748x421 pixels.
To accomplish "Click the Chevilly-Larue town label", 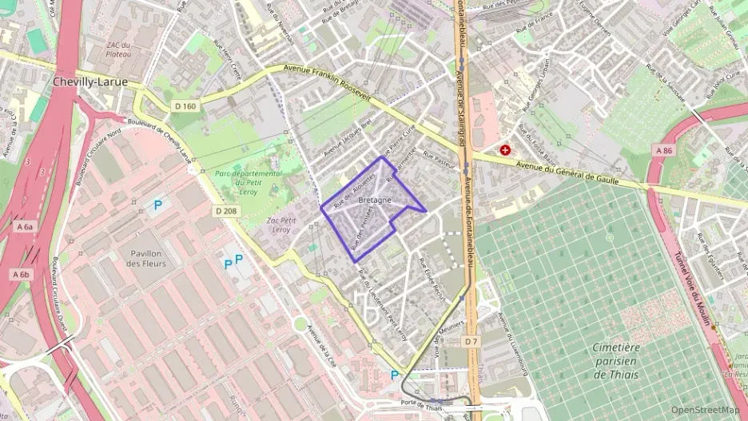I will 87,81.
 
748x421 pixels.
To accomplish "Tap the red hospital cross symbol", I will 505,149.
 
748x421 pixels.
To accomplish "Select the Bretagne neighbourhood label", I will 375,199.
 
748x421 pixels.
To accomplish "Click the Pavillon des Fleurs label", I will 146,258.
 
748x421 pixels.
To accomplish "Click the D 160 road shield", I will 184,106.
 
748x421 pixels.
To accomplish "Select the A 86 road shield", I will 664,150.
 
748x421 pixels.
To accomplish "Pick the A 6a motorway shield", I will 23,227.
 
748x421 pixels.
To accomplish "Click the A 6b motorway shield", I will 20,274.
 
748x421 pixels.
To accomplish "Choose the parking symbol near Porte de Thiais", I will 394,375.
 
